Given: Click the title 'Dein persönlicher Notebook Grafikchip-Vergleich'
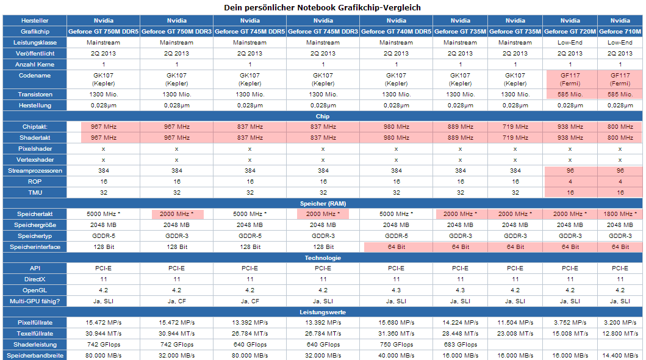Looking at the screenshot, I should pos(323,7).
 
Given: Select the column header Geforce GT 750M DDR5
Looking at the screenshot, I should pos(104,31).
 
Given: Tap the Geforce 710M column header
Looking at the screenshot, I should pos(620,31).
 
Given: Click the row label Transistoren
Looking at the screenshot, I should pos(35,95).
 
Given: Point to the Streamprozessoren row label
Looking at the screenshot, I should pos(35,170).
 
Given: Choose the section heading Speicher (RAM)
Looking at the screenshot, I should pos(323,203).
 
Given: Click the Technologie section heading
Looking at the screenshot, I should pos(323,257).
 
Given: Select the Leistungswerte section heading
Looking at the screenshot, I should pos(323,312).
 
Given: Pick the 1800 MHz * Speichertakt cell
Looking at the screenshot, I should pos(620,214).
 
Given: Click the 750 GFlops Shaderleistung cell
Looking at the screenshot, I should pos(396,345).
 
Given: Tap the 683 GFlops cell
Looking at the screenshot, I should pos(460,345).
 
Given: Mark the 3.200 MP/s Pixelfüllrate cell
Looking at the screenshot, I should pos(620,322).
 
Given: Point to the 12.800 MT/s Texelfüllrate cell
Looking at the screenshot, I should pos(620,334).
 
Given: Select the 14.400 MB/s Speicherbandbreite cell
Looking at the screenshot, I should pos(620,355).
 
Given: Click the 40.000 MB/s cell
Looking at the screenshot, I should pos(396,355).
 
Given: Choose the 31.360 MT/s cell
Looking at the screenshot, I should pos(396,334).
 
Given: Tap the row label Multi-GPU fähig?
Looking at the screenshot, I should pos(35,301).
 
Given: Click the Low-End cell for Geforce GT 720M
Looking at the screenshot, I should pos(570,43).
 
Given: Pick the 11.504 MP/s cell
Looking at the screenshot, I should pos(515,322).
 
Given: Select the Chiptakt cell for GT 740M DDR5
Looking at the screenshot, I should pos(396,126).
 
